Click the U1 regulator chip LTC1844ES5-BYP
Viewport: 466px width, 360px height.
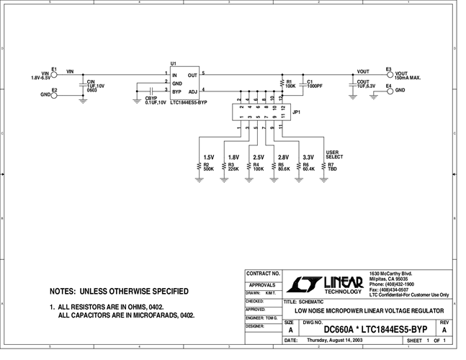183,84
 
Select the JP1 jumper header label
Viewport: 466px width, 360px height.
296,112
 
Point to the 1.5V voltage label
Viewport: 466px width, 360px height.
209,157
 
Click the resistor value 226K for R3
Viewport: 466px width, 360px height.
233,169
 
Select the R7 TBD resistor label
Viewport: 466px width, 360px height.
333,167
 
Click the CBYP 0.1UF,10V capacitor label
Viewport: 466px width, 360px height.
156,100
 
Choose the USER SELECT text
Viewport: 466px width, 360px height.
334,155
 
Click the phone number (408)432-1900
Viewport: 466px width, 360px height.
393,284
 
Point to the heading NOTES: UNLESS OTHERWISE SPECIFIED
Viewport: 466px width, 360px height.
119,292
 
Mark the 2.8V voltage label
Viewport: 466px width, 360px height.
283,157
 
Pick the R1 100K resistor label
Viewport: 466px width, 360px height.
291,84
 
